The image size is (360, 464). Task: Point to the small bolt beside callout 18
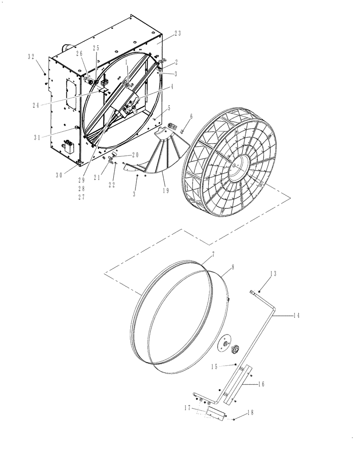coord(235,419)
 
